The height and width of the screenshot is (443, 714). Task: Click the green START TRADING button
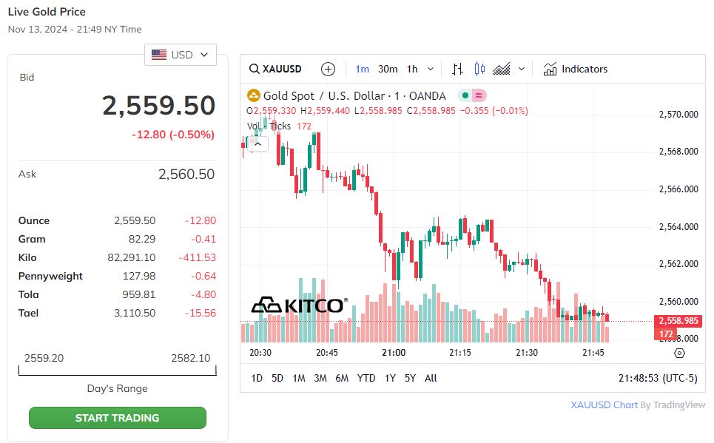tap(117, 418)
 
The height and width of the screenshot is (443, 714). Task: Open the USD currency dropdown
tap(181, 55)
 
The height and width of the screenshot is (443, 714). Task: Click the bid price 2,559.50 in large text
tap(158, 106)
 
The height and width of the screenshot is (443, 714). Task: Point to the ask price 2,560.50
tap(186, 175)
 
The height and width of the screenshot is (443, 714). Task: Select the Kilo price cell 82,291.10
tap(131, 257)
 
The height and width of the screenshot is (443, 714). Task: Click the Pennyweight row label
tap(50, 276)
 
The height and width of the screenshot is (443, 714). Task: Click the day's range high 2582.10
tap(190, 358)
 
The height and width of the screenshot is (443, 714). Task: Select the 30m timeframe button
tap(388, 69)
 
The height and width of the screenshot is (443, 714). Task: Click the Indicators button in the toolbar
tap(575, 69)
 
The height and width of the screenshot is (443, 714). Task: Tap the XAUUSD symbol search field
tap(276, 69)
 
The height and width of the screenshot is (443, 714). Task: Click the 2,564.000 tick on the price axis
tap(678, 226)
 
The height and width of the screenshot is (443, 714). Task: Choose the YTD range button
tap(366, 378)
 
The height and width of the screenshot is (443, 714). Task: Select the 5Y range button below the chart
tap(410, 378)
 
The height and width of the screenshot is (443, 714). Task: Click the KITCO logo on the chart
tap(297, 305)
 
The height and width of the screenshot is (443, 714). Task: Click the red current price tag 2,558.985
tap(677, 321)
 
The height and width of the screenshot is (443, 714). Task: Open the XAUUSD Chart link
tap(604, 405)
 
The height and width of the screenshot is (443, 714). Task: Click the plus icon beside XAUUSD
tap(329, 69)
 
